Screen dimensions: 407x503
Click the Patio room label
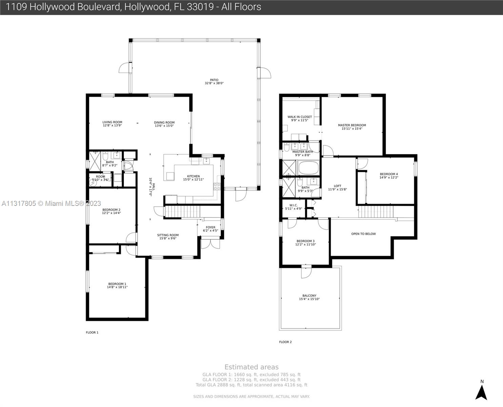(214, 80)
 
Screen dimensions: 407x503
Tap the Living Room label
(112, 122)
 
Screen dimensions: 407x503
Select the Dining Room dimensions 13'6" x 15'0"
(164, 126)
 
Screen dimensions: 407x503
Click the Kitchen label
(193, 176)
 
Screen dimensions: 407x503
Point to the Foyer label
(210, 228)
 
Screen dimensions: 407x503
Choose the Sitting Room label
(168, 235)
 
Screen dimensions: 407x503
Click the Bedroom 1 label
(117, 284)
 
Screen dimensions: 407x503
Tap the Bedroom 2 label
(111, 210)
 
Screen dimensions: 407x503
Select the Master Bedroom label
(352, 125)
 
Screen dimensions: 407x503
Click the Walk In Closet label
(300, 117)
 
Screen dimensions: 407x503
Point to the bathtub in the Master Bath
(308, 168)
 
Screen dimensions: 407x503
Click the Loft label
(337, 186)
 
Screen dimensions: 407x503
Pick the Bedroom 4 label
(389, 174)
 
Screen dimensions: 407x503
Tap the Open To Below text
(363, 234)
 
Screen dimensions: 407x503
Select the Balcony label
(309, 296)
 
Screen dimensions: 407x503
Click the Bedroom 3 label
(305, 241)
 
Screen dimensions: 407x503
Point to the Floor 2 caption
(285, 342)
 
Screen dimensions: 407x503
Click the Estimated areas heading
(251, 367)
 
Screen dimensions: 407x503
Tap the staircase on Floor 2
(376, 212)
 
